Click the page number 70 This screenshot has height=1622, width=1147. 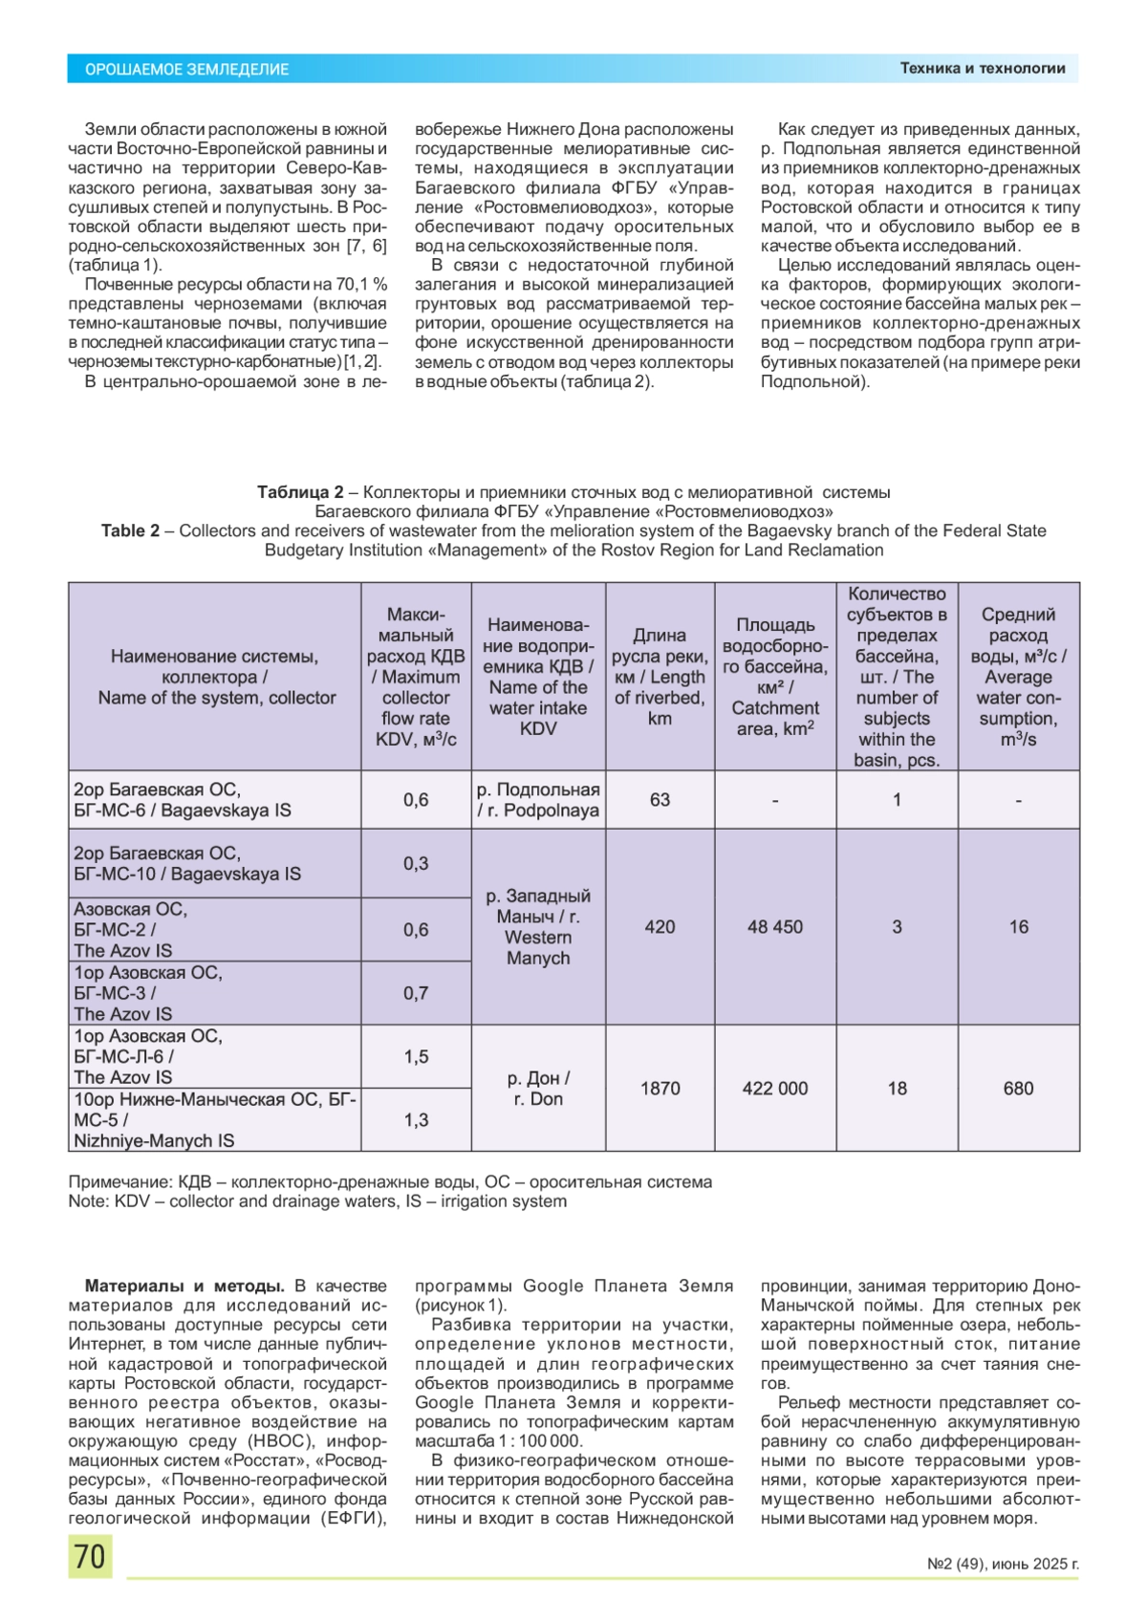pos(90,1556)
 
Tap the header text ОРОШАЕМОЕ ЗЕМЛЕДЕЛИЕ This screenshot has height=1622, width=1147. pos(187,69)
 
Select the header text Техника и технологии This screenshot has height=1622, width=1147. pos(982,68)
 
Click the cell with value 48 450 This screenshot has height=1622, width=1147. pos(775,927)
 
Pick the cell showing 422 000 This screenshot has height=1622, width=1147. pos(775,1089)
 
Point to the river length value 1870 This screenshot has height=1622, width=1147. pos(660,1089)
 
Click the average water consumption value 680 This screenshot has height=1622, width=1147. pos(1018,1089)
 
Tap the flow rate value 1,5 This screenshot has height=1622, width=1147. pos(416,1057)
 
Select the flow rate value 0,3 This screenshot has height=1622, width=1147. pos(416,864)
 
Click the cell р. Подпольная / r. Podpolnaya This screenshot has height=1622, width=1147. pos(538,800)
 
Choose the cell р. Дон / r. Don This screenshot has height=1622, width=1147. pos(538,1089)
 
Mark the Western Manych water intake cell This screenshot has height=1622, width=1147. pos(538,927)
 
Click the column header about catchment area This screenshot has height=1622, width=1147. pos(775,677)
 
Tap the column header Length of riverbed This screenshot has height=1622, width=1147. pos(660,677)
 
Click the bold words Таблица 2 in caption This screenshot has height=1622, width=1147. pos(299,492)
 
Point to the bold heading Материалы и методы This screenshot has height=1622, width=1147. pos(184,1287)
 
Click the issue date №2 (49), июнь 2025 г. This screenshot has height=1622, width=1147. pos(1003,1565)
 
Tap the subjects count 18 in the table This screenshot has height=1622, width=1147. pos(897,1089)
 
